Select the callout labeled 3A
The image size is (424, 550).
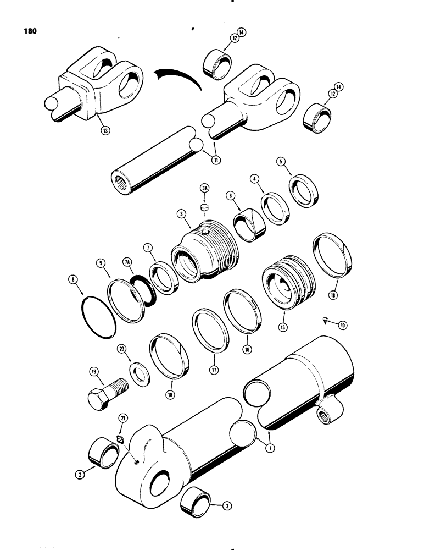(205, 188)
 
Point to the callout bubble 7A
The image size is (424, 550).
(128, 263)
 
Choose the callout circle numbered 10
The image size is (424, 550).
(343, 326)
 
